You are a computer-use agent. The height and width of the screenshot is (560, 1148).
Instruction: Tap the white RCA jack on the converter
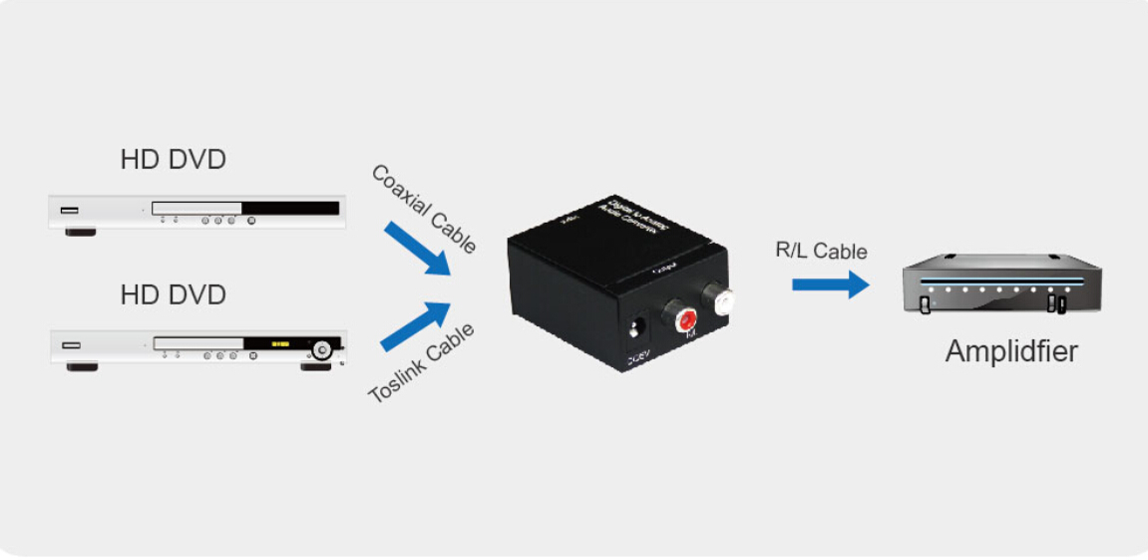tap(718, 297)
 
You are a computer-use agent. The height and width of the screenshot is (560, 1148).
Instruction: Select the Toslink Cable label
tap(422, 363)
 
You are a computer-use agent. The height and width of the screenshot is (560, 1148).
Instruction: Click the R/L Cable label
tap(821, 251)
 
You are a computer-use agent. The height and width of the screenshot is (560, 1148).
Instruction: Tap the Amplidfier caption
tap(1010, 351)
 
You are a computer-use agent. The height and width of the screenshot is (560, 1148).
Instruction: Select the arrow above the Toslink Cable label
tap(416, 325)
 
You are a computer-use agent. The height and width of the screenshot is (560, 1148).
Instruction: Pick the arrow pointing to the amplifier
tap(830, 284)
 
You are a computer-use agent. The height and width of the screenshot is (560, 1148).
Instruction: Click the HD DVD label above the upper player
tap(173, 159)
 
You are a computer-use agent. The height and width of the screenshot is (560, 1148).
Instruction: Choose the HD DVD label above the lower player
tap(173, 295)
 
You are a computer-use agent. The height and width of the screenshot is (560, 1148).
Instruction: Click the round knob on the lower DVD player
tap(322, 350)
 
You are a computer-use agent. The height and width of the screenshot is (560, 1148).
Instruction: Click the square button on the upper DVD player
tap(250, 220)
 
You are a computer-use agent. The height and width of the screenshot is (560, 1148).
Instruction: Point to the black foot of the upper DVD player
tap(81, 232)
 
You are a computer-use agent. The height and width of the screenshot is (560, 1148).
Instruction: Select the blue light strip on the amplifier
tap(1001, 280)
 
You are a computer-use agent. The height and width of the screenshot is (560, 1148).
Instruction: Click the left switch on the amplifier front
tap(925, 304)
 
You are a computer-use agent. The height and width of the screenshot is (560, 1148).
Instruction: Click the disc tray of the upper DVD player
tap(196, 209)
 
